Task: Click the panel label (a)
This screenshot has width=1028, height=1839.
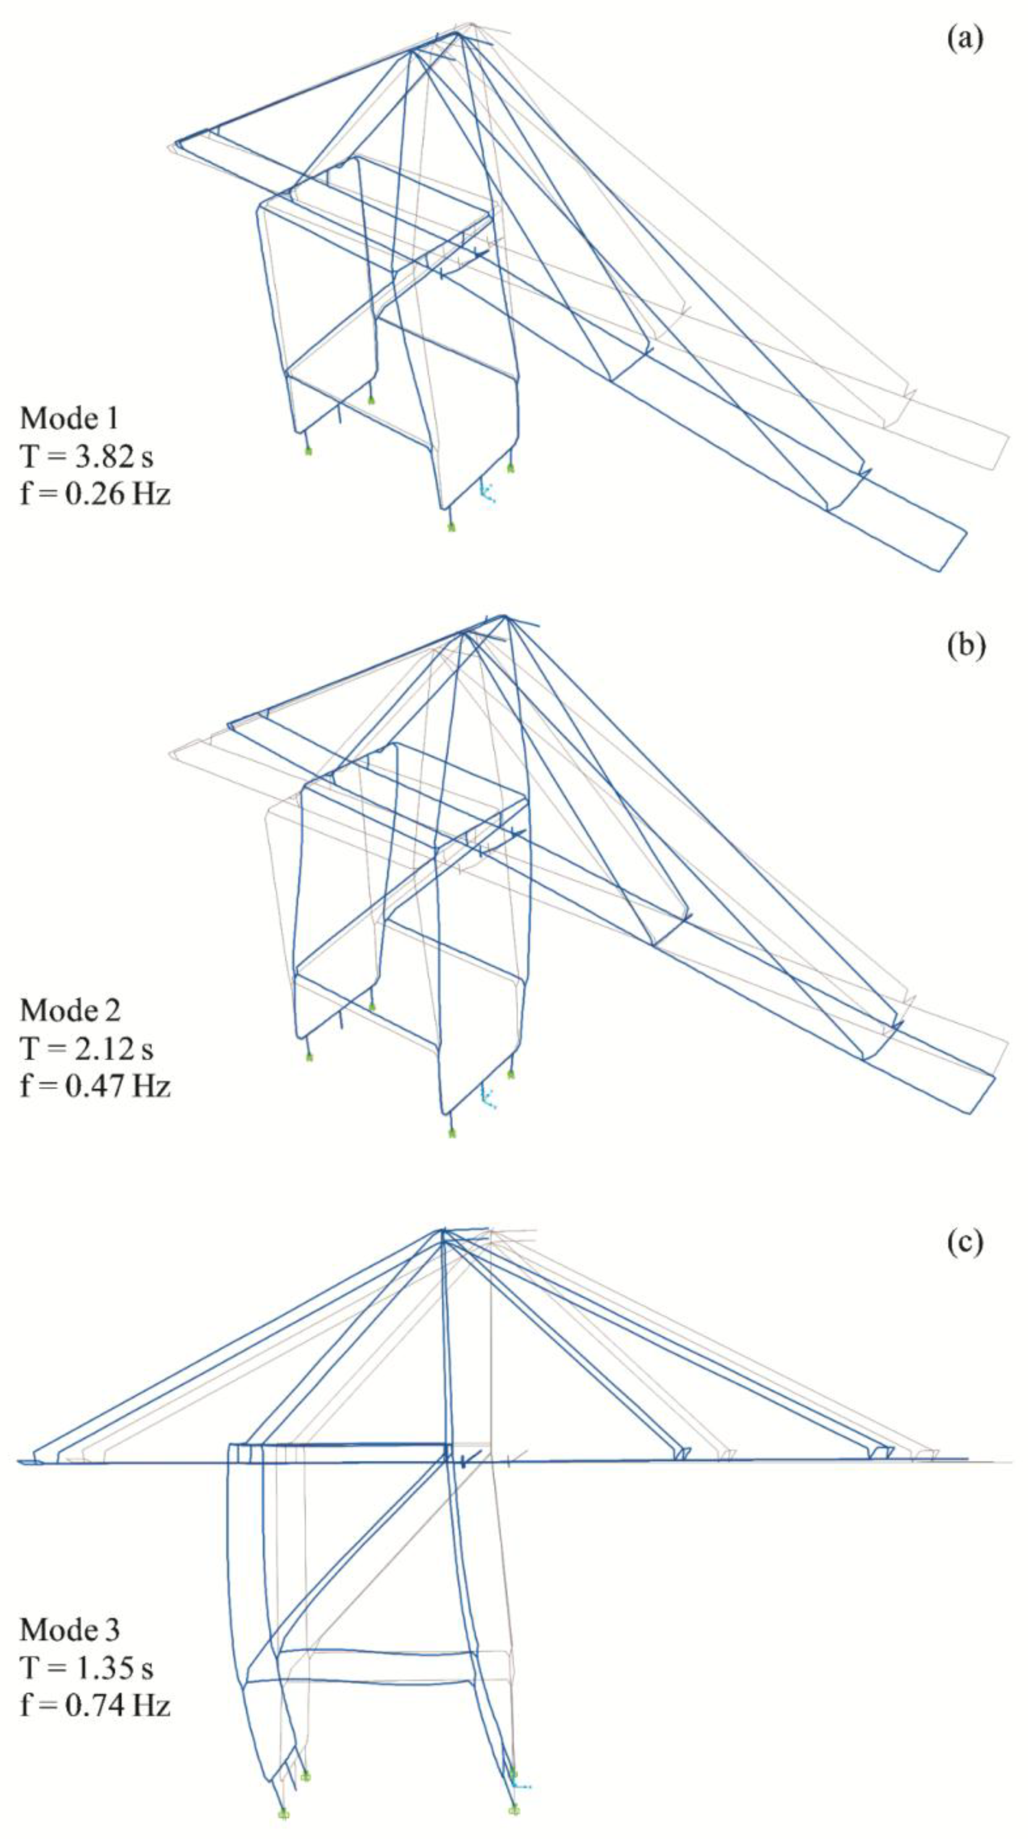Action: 965,38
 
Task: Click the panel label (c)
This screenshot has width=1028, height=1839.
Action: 965,1242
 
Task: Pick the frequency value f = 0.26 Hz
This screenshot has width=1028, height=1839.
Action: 95,493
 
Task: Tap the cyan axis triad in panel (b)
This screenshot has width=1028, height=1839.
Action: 488,1097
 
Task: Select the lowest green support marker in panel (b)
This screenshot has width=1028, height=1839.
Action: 451,1132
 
